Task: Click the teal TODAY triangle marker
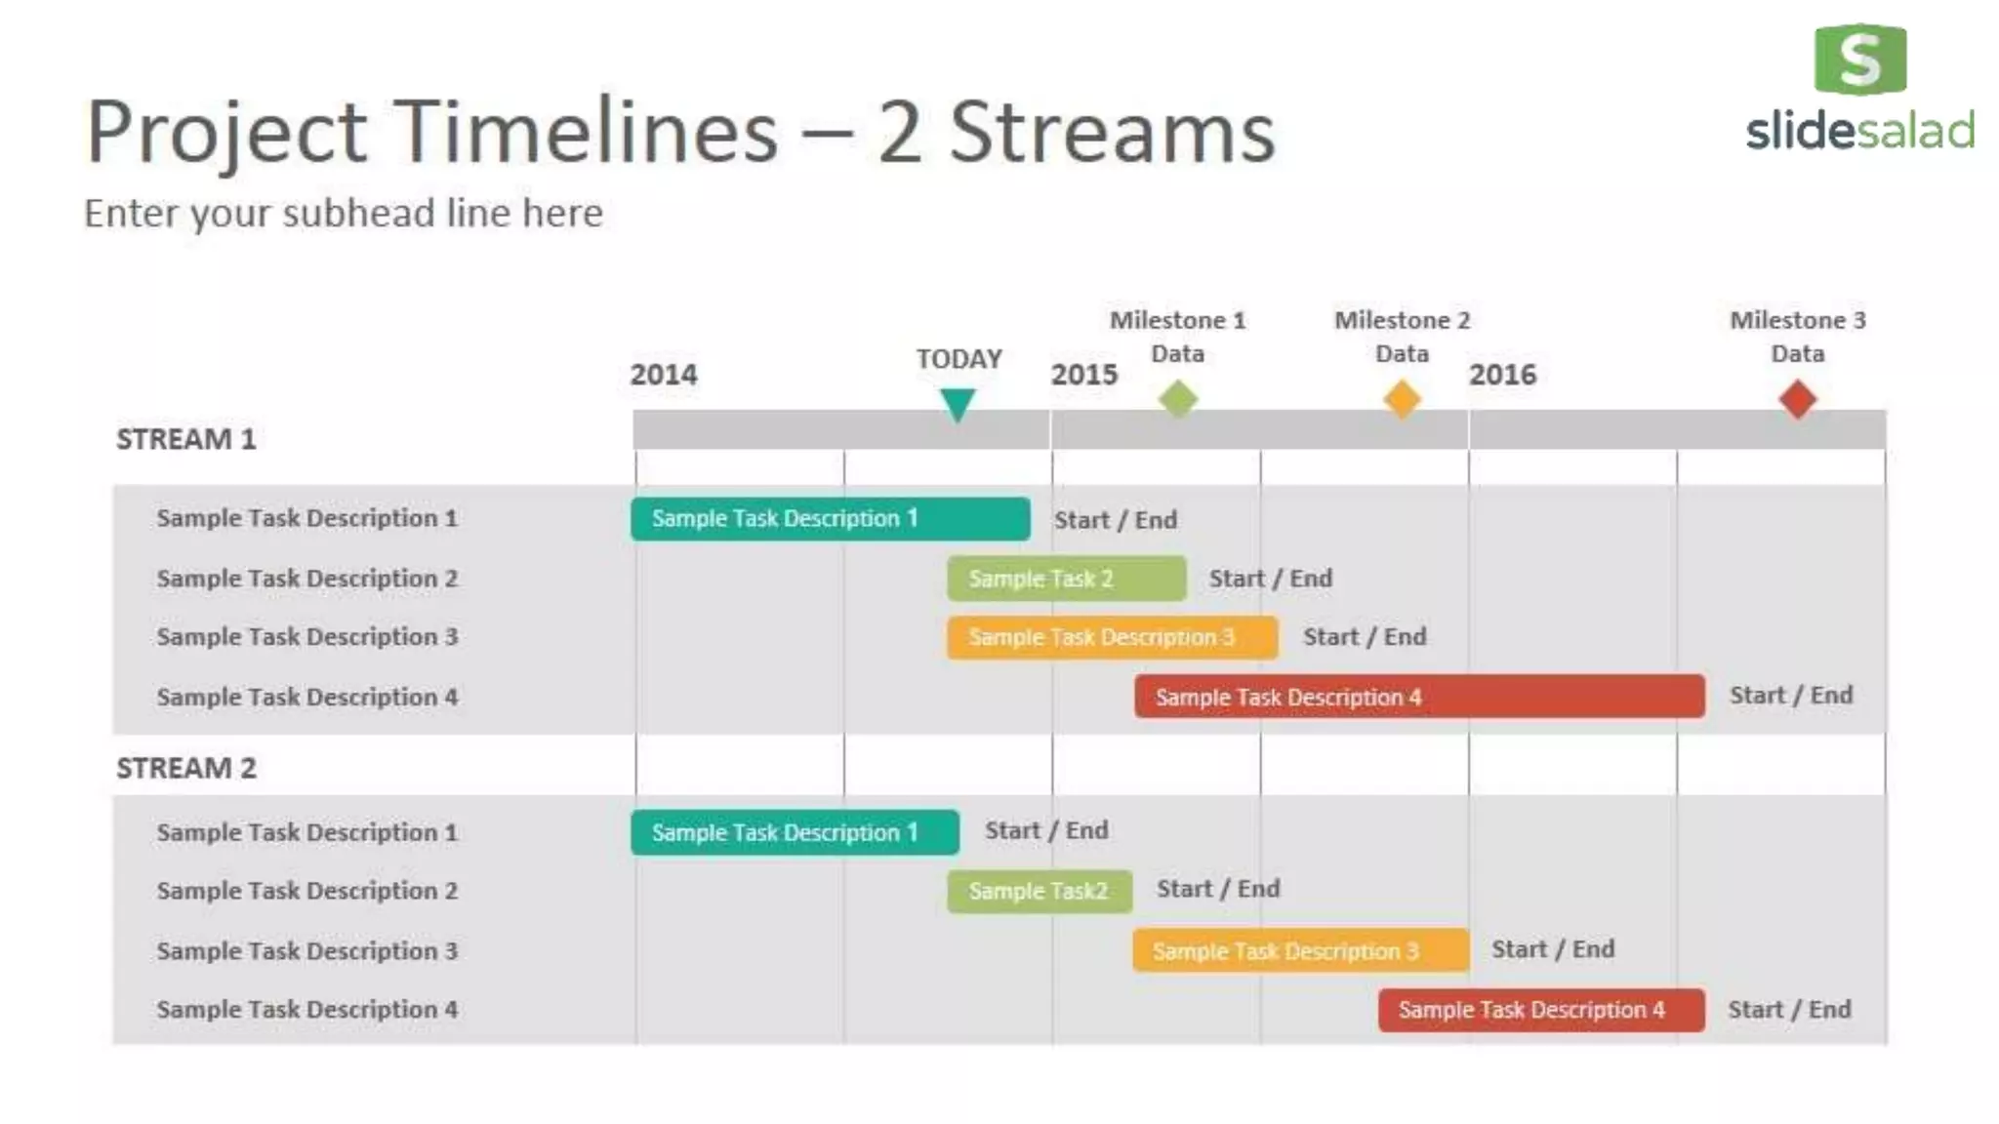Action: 958,402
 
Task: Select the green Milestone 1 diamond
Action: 1178,399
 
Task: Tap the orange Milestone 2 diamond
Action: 1402,399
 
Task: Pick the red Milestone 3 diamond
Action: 1797,399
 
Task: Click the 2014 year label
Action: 664,375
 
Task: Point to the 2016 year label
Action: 1502,375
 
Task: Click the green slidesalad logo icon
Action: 1859,60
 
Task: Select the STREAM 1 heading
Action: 186,439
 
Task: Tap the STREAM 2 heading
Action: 186,768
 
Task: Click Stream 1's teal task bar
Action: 830,518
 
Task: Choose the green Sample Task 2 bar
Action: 1066,579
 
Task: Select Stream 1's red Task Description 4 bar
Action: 1419,697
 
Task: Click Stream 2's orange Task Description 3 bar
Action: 1300,950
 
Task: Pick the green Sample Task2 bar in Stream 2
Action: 1039,891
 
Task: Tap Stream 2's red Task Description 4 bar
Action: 1540,1010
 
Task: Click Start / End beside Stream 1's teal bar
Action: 1115,520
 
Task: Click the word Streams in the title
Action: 1112,132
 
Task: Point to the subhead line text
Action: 344,213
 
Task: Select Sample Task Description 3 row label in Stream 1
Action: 306,637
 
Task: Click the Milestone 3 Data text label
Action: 1797,337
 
